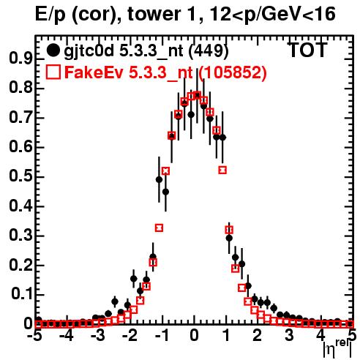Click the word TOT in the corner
pyautogui.click(x=307, y=50)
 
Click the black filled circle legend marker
pyautogui.click(x=53, y=50)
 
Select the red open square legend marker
pyautogui.click(x=53, y=72)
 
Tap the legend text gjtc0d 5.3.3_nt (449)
pyautogui.click(x=146, y=51)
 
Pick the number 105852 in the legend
pyautogui.click(x=232, y=72)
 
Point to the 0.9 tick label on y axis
pyautogui.click(x=20, y=59)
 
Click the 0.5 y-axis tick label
pyautogui.click(x=20, y=176)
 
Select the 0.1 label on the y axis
pyautogui.click(x=21, y=294)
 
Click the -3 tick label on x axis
pyautogui.click(x=98, y=335)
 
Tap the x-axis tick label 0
pyautogui.click(x=194, y=335)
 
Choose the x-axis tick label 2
pyautogui.click(x=258, y=335)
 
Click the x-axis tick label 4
pyautogui.click(x=321, y=335)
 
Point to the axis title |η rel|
pyautogui.click(x=337, y=349)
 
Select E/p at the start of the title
pyautogui.click(x=50, y=15)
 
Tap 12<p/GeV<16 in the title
pyautogui.click(x=272, y=15)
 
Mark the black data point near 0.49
pyautogui.click(x=159, y=180)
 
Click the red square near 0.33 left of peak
pyautogui.click(x=159, y=228)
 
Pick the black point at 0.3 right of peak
pyautogui.click(x=229, y=238)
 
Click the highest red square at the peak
pyautogui.click(x=197, y=95)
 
